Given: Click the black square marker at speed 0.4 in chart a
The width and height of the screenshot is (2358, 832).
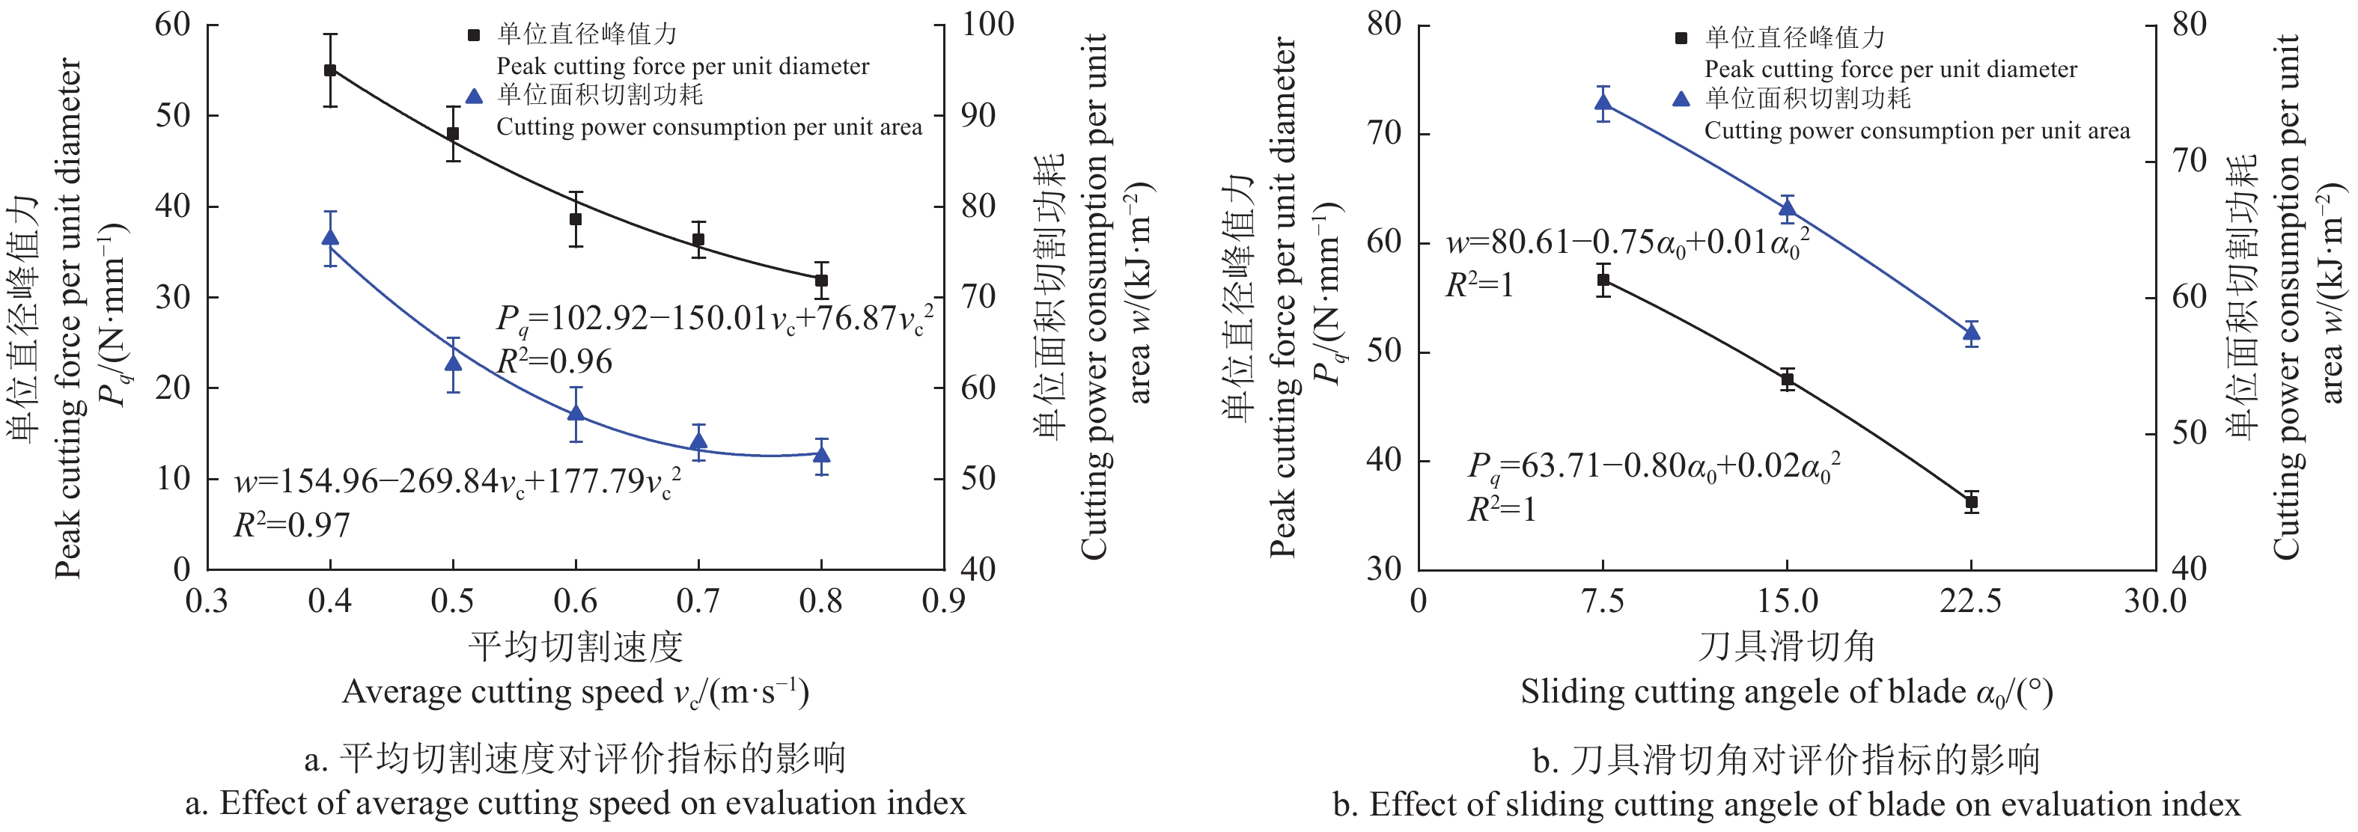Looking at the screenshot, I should pyautogui.click(x=330, y=70).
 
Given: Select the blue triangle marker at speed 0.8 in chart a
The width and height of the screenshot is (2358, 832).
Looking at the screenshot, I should pyautogui.click(x=822, y=455).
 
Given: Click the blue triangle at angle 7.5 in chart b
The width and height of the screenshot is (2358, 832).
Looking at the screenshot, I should pyautogui.click(x=1603, y=103).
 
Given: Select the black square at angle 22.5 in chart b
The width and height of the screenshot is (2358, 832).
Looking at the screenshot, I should pyautogui.click(x=1972, y=501).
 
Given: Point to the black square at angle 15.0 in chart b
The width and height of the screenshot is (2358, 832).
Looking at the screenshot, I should pyautogui.click(x=1788, y=379).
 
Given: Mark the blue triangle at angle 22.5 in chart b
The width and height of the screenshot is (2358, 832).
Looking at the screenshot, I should pyautogui.click(x=1972, y=333).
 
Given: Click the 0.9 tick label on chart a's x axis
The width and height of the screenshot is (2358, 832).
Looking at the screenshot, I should pyautogui.click(x=944, y=602).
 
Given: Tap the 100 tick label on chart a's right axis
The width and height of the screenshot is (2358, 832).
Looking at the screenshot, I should pyautogui.click(x=987, y=25).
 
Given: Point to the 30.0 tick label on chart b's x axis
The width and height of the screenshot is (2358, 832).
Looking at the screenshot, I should pyautogui.click(x=2156, y=602).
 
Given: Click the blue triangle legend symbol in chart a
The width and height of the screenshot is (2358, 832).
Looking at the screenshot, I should pyautogui.click(x=473, y=96).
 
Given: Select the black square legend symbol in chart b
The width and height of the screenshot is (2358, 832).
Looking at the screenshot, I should pyautogui.click(x=1681, y=38).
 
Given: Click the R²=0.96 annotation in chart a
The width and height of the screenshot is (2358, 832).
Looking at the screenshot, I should pyautogui.click(x=555, y=362).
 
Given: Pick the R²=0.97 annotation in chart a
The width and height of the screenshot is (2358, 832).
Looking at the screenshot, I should pyautogui.click(x=292, y=525).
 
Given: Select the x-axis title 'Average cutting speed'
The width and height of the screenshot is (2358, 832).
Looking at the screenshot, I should pyautogui.click(x=576, y=692).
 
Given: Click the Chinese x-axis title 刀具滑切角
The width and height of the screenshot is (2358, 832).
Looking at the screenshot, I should pyautogui.click(x=1787, y=647).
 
